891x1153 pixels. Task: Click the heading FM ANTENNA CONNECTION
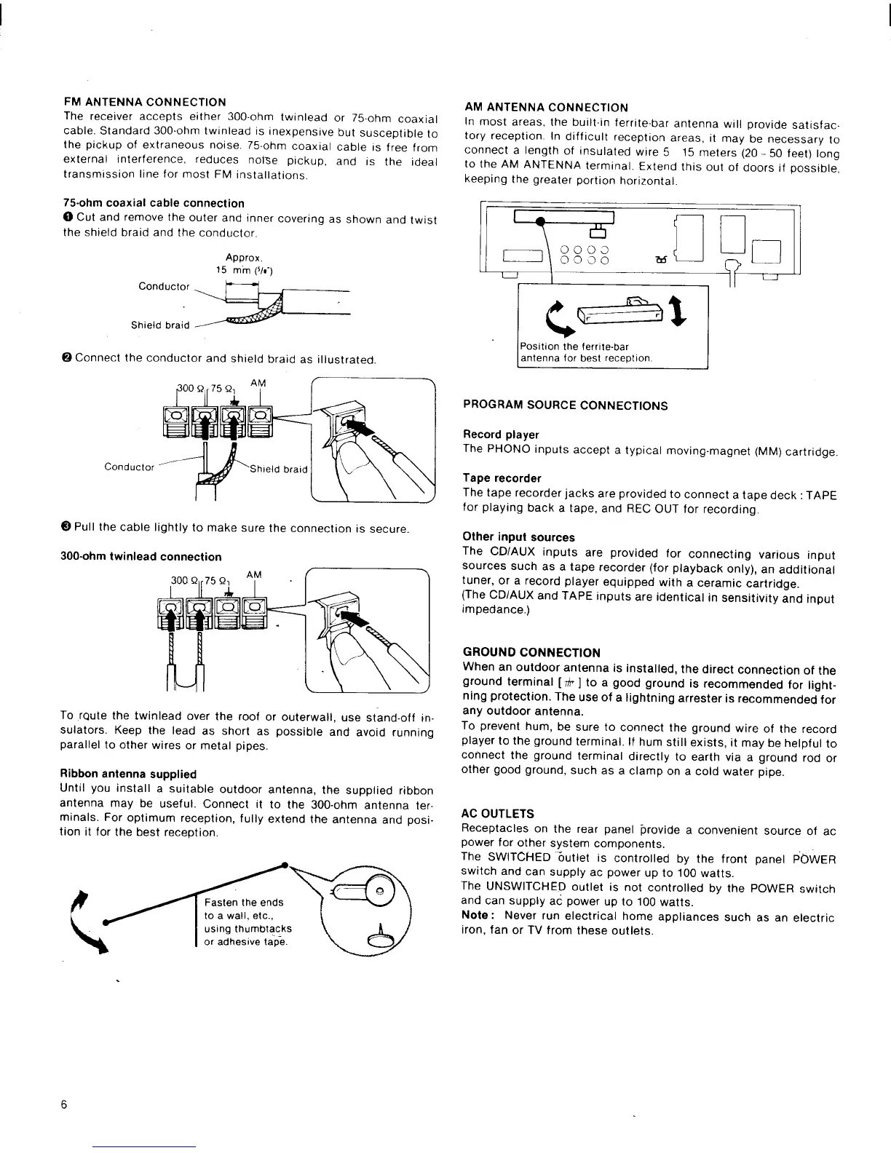(145, 102)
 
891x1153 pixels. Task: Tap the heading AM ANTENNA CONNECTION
(546, 108)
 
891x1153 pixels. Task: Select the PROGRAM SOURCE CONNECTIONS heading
(566, 405)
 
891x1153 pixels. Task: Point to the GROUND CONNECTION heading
(531, 652)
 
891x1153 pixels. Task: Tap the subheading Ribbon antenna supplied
(128, 774)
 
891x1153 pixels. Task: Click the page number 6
(64, 1105)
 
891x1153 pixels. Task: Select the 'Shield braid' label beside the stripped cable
(160, 325)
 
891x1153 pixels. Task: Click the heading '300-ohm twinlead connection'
(140, 557)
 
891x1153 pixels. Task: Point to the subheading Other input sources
(518, 537)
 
